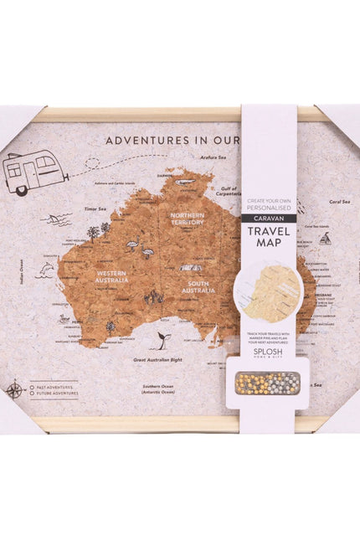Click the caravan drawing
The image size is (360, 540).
tap(36, 172)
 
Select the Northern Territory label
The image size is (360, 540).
tap(187, 219)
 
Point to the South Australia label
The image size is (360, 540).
tap(198, 287)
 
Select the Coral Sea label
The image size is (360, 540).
tap(339, 202)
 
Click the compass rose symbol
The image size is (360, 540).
tap(14, 388)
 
